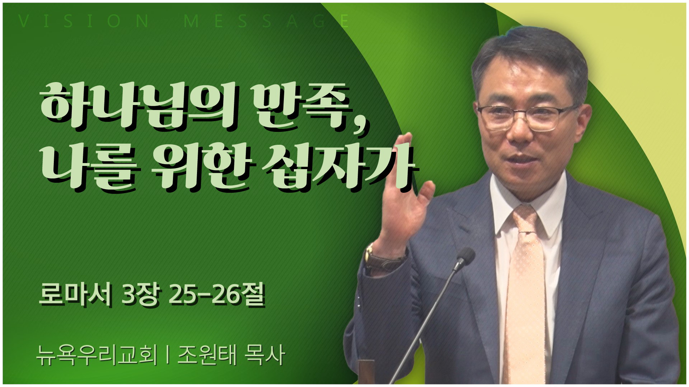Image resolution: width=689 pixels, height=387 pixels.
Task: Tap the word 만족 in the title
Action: coord(301,106)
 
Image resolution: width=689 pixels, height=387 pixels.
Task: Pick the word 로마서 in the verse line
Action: coord(75,295)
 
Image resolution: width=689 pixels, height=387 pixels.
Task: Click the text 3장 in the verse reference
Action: coord(140,295)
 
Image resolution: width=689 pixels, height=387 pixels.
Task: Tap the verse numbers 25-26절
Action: coord(216,295)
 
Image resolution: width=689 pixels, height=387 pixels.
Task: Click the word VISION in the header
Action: coord(83,21)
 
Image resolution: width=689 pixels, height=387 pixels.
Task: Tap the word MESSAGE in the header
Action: coord(266,21)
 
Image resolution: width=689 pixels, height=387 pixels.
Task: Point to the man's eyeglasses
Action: coord(528,117)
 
